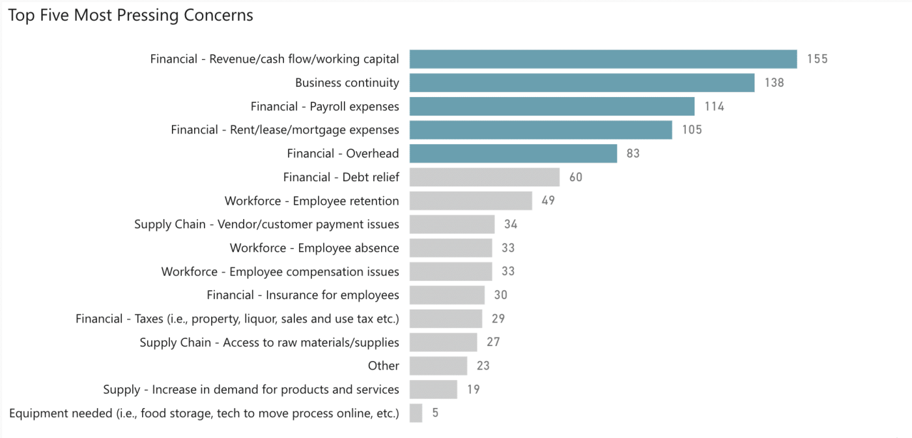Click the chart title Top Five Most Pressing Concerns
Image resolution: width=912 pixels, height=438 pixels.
click(x=130, y=16)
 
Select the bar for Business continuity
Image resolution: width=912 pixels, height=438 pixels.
click(x=582, y=83)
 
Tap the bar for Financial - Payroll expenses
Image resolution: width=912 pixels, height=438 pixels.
click(x=552, y=106)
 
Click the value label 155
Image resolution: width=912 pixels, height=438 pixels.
click(x=817, y=59)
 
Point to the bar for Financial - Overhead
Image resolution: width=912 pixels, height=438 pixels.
click(x=513, y=154)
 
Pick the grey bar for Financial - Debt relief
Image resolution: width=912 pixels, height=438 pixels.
click(x=485, y=177)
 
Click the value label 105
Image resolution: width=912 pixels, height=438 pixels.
click(x=692, y=130)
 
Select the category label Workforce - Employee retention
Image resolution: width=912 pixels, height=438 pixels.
click(x=311, y=201)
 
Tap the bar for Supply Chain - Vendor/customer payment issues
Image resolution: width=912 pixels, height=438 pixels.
click(x=452, y=224)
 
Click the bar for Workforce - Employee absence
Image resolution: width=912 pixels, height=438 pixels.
click(x=451, y=248)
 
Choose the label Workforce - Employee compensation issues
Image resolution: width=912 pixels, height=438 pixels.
click(x=280, y=272)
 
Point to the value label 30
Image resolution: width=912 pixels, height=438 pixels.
click(x=500, y=295)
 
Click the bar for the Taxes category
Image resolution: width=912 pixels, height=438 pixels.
click(x=446, y=319)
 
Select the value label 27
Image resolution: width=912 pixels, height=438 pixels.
click(x=493, y=342)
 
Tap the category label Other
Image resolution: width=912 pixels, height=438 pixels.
click(x=383, y=366)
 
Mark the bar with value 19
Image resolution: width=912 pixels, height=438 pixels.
click(x=433, y=390)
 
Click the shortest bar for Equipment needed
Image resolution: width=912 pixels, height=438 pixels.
click(x=416, y=413)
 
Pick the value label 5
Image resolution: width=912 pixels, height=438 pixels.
click(x=435, y=413)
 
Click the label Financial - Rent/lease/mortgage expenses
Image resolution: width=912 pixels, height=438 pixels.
click(x=285, y=130)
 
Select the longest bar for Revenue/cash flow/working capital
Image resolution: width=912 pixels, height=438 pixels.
click(x=603, y=59)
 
